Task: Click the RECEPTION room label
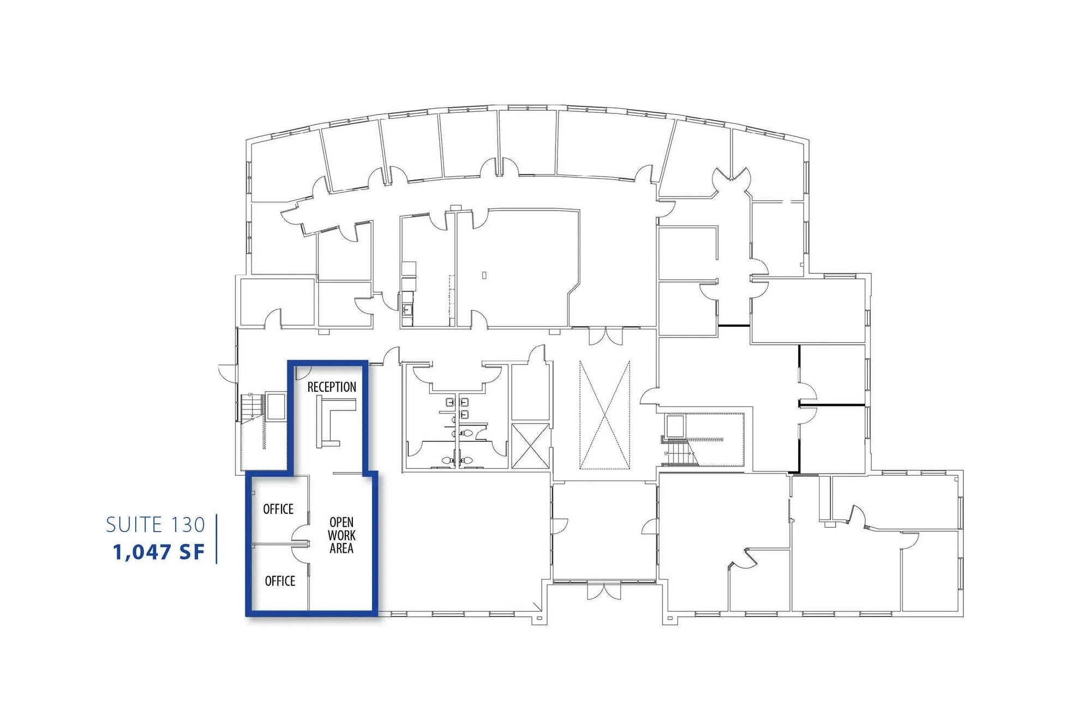point(332,387)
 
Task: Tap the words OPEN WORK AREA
point(341,535)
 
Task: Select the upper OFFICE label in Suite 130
point(278,509)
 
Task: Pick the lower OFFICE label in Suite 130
point(280,581)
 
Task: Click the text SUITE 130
point(155,525)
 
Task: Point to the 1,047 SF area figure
point(159,552)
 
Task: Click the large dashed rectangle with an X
point(604,415)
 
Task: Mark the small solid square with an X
point(530,446)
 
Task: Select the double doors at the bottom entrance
point(604,591)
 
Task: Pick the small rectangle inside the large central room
point(484,276)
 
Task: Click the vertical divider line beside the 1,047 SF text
point(217,539)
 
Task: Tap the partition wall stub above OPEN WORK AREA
point(347,473)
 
